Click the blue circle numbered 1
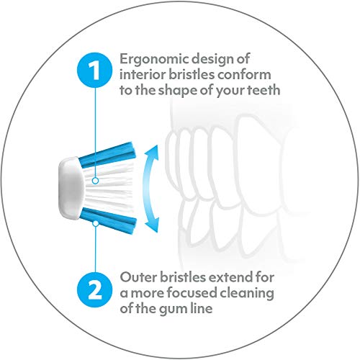[94, 71]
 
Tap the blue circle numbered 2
[94, 290]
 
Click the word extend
[230, 277]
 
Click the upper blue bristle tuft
[107, 155]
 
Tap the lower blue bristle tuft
[109, 220]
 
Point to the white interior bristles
[108, 188]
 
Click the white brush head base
[71, 188]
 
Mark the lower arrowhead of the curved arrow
[153, 225]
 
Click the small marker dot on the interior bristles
[95, 181]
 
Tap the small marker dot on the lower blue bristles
[96, 223]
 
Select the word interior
[143, 74]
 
